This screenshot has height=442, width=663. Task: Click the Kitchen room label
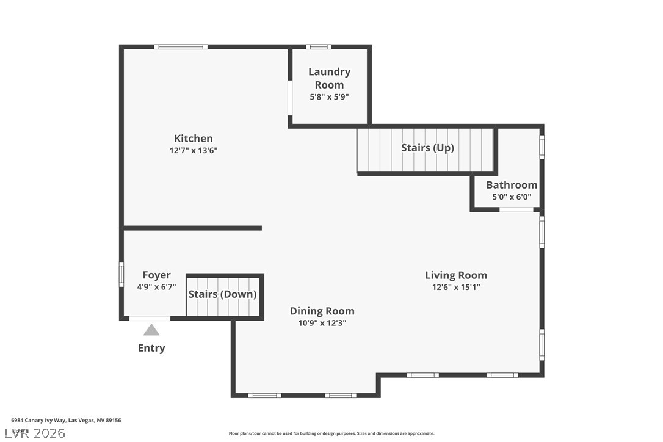pos(194,139)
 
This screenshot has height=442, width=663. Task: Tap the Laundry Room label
pos(329,78)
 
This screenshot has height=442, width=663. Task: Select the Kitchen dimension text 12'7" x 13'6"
pos(194,150)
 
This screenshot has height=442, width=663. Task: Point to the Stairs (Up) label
pos(427,148)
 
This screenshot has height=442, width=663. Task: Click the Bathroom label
pos(512,185)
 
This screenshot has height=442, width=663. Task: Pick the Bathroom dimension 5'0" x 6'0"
pos(512,197)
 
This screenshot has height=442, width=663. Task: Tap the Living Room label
pos(456,275)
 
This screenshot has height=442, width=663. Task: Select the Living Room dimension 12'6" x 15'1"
pos(456,287)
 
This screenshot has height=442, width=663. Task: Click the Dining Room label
pos(322,311)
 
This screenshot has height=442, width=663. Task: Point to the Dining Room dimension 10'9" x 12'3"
pos(322,323)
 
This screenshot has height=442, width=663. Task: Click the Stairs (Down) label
pos(222,294)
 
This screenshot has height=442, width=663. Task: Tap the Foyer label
pos(156,275)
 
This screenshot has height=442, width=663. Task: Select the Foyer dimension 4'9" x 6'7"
pos(156,287)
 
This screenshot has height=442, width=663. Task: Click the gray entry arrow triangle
pos(151,330)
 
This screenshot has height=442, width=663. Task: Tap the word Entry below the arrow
pos(151,348)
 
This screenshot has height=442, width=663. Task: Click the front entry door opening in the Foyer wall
pos(150,318)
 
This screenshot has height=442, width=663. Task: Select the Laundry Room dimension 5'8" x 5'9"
pos(329,96)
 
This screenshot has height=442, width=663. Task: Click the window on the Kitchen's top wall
pos(181,47)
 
